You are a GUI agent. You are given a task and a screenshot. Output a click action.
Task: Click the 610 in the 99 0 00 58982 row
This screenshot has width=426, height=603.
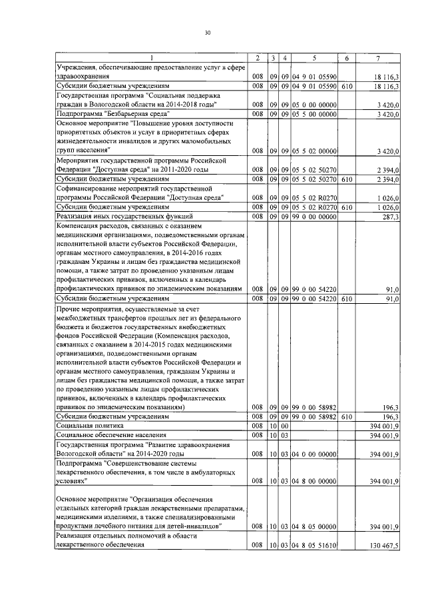coord(346,416)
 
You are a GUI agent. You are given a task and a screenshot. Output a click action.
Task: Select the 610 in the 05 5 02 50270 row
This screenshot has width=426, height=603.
coord(346,179)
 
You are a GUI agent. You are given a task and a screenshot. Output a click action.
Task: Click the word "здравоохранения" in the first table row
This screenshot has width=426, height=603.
coord(84,77)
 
